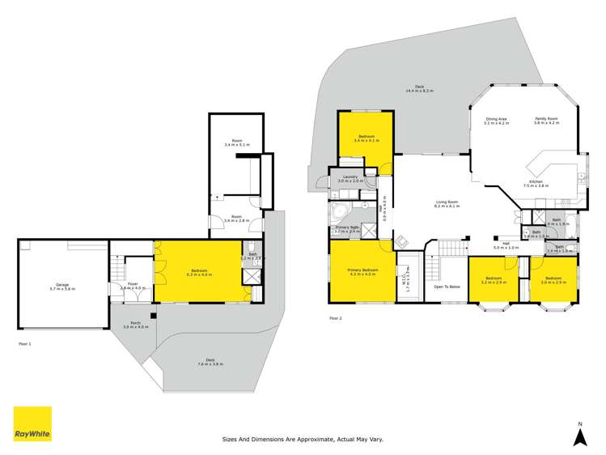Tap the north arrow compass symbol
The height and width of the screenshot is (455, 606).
[x=579, y=436]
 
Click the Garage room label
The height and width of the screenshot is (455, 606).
[x=61, y=286]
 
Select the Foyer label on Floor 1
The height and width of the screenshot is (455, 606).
[x=133, y=284]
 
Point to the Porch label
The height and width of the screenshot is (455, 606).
[x=134, y=325]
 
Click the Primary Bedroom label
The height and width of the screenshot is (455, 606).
[x=362, y=270]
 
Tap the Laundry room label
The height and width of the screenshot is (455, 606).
[x=350, y=178]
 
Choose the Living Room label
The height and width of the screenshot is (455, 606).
[x=447, y=204]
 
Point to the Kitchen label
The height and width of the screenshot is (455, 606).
[x=536, y=183]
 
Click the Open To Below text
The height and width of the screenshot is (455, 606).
[x=447, y=287]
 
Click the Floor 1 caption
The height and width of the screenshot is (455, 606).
[x=25, y=344]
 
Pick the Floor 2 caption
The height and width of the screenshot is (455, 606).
[x=336, y=318]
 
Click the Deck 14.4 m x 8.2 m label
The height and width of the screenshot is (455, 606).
[x=419, y=88]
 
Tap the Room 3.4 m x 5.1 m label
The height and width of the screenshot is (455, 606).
[x=237, y=142]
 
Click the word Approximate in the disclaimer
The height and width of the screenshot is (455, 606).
[x=308, y=440]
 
